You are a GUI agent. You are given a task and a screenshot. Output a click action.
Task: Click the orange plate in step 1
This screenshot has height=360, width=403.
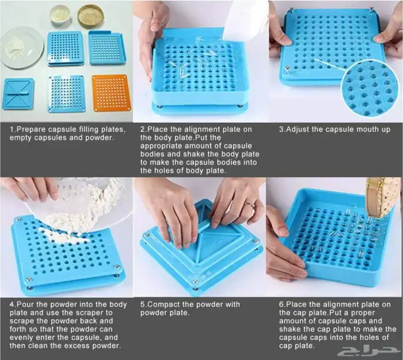(x=112, y=93)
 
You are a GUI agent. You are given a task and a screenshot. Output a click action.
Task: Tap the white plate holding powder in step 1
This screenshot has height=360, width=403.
(x=22, y=48)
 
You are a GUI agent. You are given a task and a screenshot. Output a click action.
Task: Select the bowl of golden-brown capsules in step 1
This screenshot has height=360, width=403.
(x=91, y=16)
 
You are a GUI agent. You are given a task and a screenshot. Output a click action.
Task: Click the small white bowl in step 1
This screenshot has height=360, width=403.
(x=60, y=15)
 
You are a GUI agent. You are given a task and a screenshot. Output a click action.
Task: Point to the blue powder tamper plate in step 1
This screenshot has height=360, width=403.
(x=18, y=93)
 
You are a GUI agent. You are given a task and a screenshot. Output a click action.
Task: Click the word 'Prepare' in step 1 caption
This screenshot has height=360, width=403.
(x=31, y=130)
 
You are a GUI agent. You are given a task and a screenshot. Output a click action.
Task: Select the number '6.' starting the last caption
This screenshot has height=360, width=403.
(x=282, y=305)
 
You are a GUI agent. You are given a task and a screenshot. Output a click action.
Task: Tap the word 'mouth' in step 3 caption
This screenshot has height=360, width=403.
(x=363, y=129)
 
